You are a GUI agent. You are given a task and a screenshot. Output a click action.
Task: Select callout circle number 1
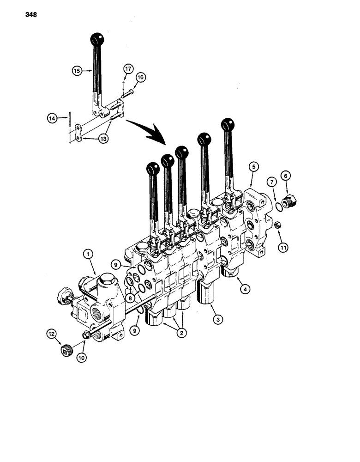[x=87, y=253]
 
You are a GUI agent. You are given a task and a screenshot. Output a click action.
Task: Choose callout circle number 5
[x=252, y=166]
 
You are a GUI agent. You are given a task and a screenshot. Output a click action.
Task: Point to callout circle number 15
[x=77, y=71]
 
